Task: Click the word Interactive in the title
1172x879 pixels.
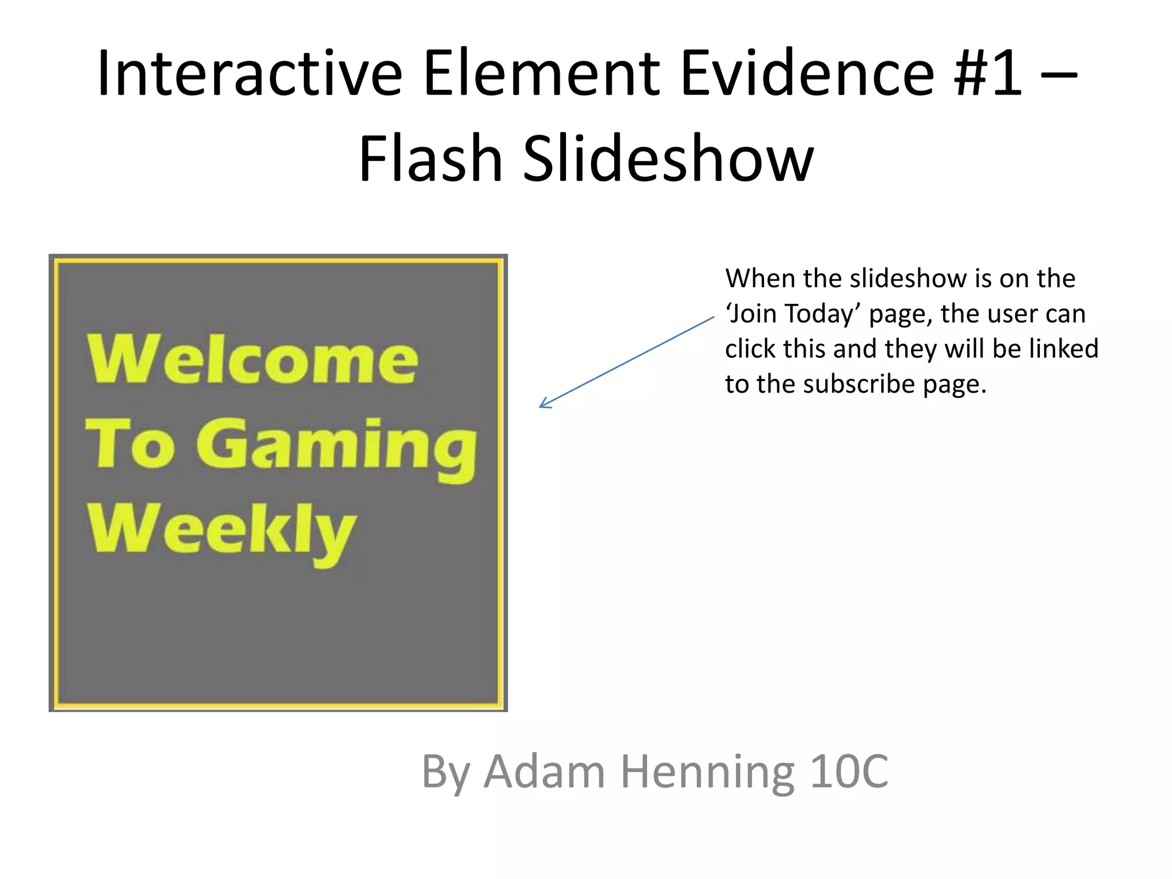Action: click(250, 74)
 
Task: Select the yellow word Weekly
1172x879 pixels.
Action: click(222, 529)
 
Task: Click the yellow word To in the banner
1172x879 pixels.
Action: click(130, 444)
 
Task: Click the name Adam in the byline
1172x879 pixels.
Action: click(544, 771)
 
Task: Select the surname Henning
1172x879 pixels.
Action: click(707, 771)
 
